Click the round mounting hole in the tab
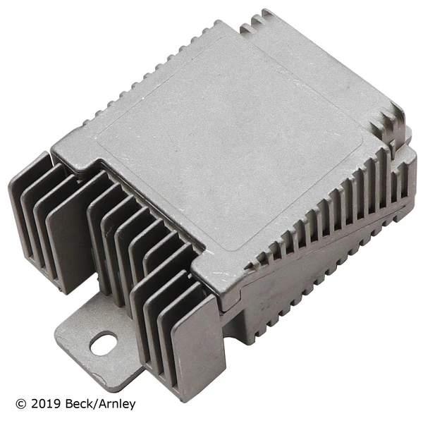coord(103,343)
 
